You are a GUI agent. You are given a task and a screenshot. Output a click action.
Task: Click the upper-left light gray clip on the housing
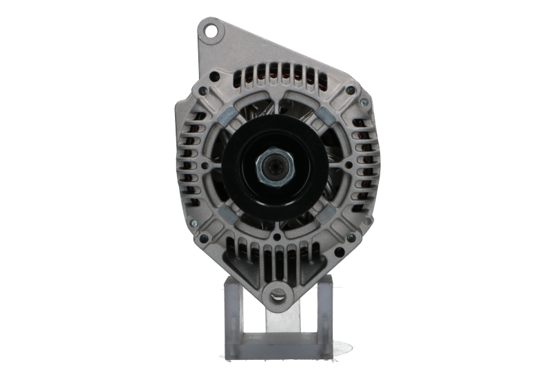[x=227, y=113]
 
